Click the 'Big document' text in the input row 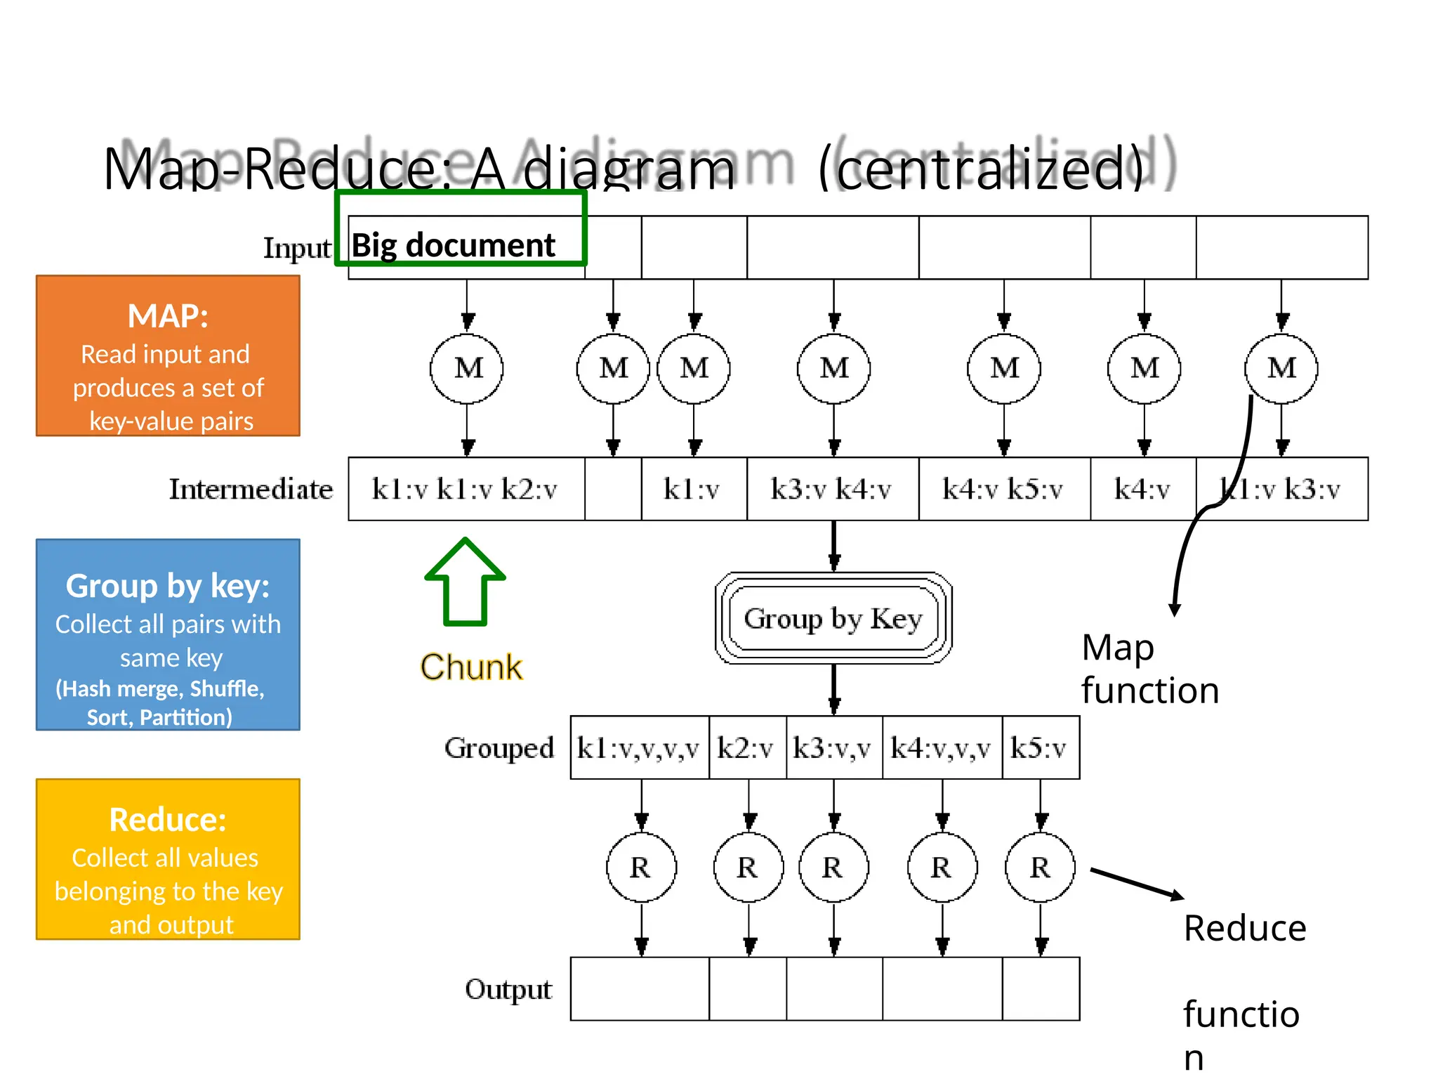[x=453, y=245]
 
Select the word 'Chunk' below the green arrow [x=471, y=667]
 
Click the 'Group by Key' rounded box [x=833, y=618]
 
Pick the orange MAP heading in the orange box [x=168, y=316]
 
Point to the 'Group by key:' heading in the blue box [x=168, y=586]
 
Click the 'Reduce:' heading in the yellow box [x=168, y=820]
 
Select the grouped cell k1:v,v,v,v [x=639, y=748]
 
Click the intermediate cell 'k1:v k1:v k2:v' [x=466, y=489]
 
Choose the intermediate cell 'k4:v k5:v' [x=1003, y=489]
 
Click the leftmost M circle [x=467, y=369]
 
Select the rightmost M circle [x=1281, y=369]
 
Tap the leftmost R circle [x=641, y=868]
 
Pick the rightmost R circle [x=1041, y=868]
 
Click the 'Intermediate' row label [x=251, y=489]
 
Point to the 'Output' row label [x=508, y=989]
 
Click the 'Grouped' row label [x=499, y=748]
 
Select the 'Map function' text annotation [x=1149, y=669]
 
